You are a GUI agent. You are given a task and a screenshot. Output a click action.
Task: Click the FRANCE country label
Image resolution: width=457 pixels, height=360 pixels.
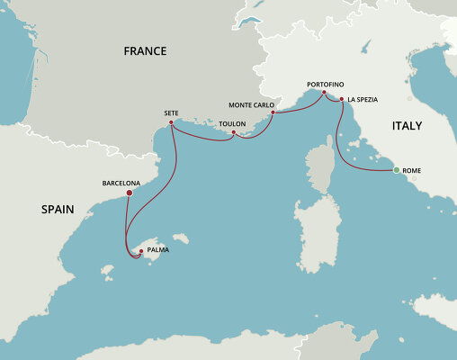tap(145, 51)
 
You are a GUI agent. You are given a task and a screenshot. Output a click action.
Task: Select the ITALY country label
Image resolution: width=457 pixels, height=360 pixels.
tap(407, 127)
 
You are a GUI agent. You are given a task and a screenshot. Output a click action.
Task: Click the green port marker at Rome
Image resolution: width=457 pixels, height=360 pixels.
tap(397, 169)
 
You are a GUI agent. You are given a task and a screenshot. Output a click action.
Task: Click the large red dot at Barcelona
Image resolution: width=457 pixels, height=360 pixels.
tap(130, 192)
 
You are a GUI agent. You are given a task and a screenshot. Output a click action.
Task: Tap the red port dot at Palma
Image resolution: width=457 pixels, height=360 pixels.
tap(140, 250)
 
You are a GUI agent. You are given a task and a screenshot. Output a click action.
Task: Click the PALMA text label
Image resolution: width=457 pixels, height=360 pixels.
tap(157, 250)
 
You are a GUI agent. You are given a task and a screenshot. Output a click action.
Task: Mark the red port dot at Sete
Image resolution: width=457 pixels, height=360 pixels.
tap(170, 123)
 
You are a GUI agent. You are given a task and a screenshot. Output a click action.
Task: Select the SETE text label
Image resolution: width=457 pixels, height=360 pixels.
tap(171, 113)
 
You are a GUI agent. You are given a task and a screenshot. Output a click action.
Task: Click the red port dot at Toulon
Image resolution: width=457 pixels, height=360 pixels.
tap(233, 133)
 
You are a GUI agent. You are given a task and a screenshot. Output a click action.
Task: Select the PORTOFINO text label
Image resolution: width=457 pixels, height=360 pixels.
tap(325, 82)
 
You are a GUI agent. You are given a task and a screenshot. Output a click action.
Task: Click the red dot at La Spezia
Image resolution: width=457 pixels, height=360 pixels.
tap(342, 100)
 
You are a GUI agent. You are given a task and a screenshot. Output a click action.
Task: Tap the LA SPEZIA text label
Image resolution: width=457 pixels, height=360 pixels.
tap(363, 100)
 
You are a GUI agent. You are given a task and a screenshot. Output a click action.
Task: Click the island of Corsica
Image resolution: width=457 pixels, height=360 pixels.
tap(319, 171)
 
